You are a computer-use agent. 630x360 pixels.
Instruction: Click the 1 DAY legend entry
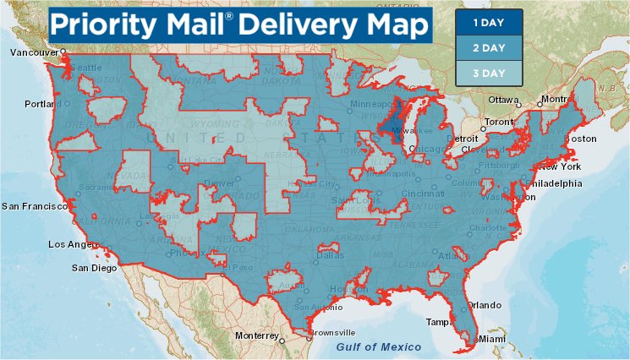click(x=488, y=22)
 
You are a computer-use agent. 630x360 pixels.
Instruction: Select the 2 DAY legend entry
click(x=488, y=47)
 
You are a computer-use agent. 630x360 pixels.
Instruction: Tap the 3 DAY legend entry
click(x=488, y=73)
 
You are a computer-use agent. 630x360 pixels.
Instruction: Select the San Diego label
click(x=94, y=268)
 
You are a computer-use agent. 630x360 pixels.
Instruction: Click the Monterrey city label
click(x=256, y=335)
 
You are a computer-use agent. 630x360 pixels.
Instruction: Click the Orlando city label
click(x=485, y=305)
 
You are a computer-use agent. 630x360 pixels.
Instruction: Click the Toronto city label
click(x=499, y=122)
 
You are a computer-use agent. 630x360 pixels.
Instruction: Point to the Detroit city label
click(x=462, y=138)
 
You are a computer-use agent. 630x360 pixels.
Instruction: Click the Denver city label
click(x=219, y=183)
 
